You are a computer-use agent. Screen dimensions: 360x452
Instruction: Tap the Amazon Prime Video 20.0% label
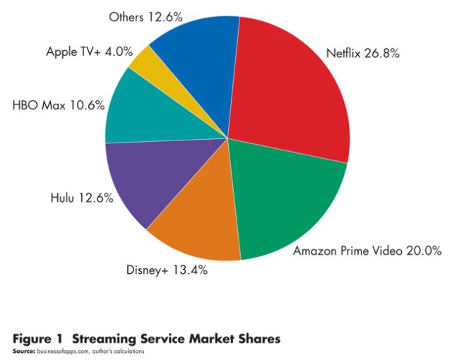(x=367, y=250)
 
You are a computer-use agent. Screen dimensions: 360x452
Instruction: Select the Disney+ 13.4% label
(x=166, y=269)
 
